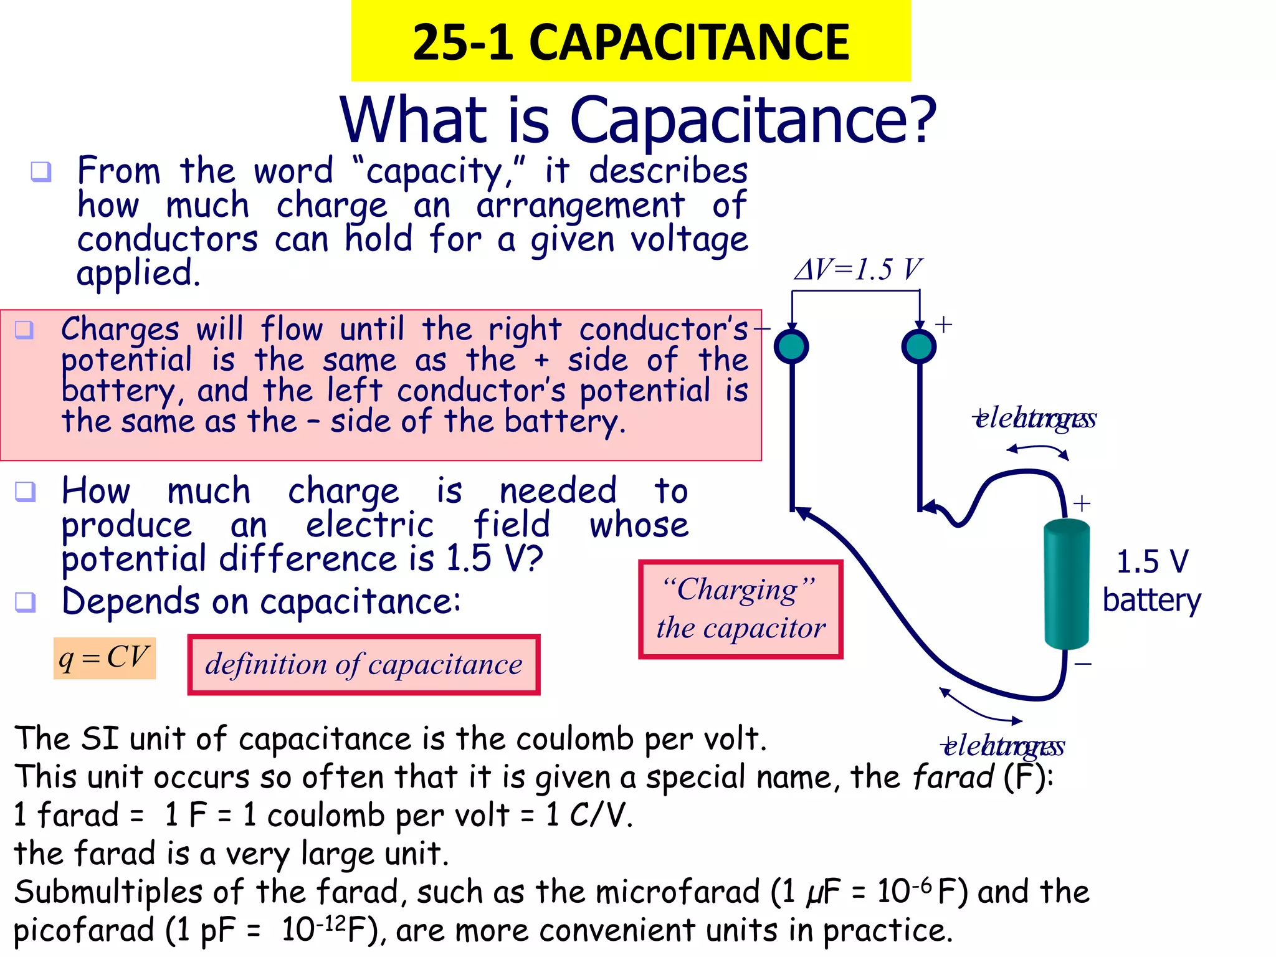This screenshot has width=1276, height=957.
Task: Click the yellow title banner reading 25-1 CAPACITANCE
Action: (x=631, y=41)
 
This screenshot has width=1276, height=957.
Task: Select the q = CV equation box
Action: (x=104, y=658)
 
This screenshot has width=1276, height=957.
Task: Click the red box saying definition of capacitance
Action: (x=364, y=665)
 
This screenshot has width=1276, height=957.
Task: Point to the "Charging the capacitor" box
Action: (x=740, y=609)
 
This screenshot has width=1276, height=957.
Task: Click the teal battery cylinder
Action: (x=1066, y=584)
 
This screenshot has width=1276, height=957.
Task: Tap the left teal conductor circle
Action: (x=791, y=346)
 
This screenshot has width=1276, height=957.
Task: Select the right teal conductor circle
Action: (x=919, y=346)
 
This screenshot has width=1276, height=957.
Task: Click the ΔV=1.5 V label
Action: (x=857, y=270)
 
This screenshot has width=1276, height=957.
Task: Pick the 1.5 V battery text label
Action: (x=1151, y=581)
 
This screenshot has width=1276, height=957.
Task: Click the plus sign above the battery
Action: (x=1082, y=503)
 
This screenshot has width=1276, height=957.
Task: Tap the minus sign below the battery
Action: (x=1083, y=664)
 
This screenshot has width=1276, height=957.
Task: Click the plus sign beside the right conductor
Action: (x=944, y=325)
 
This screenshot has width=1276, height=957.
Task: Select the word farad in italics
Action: (x=953, y=777)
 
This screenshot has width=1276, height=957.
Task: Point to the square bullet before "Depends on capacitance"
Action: (x=26, y=602)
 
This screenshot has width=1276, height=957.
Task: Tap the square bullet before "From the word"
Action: (x=41, y=171)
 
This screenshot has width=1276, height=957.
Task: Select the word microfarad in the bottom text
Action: (x=678, y=892)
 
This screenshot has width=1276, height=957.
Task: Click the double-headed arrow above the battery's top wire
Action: (x=1038, y=450)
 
